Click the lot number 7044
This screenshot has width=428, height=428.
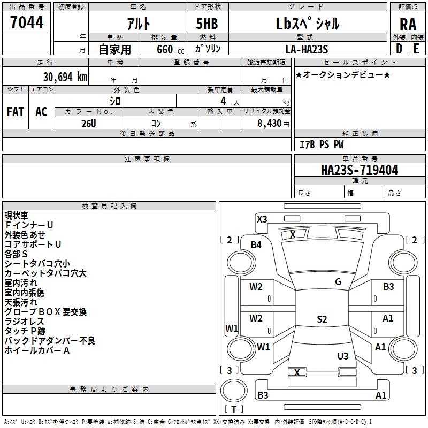[27, 22]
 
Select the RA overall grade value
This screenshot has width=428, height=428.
[408, 25]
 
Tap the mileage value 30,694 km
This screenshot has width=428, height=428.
[65, 77]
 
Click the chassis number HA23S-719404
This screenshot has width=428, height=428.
[360, 170]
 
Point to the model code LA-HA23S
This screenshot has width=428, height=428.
[307, 49]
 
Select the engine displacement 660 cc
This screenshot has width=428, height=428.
[170, 49]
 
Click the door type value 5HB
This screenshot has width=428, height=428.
[207, 24]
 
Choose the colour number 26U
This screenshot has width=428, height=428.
[89, 124]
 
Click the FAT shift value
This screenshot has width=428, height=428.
[16, 112]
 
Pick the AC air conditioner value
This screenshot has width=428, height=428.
[41, 112]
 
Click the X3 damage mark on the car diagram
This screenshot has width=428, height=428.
[262, 219]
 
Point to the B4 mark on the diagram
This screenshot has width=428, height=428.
[256, 245]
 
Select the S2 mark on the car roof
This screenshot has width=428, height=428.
[322, 319]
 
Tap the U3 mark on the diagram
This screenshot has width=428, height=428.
[343, 356]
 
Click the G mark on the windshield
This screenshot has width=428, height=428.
[338, 282]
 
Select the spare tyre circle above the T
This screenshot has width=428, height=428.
[234, 391]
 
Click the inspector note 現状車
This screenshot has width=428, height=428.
[17, 216]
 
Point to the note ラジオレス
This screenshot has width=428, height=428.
[24, 322]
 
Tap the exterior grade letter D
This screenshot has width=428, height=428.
[399, 49]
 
